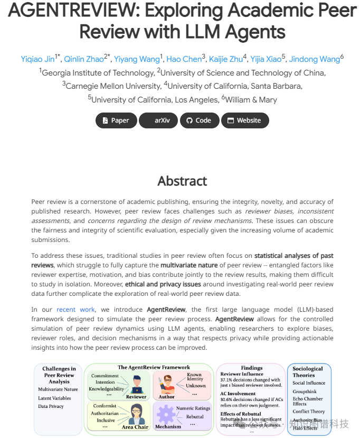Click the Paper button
(x=116, y=120)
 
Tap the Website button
(x=244, y=120)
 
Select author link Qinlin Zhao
(x=84, y=59)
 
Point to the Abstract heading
(x=182, y=181)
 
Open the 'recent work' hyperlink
(x=74, y=310)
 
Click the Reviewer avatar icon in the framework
(x=137, y=383)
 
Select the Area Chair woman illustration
(x=136, y=413)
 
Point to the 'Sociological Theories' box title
(x=308, y=371)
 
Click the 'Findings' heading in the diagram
(x=252, y=368)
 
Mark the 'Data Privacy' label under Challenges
(x=51, y=406)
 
